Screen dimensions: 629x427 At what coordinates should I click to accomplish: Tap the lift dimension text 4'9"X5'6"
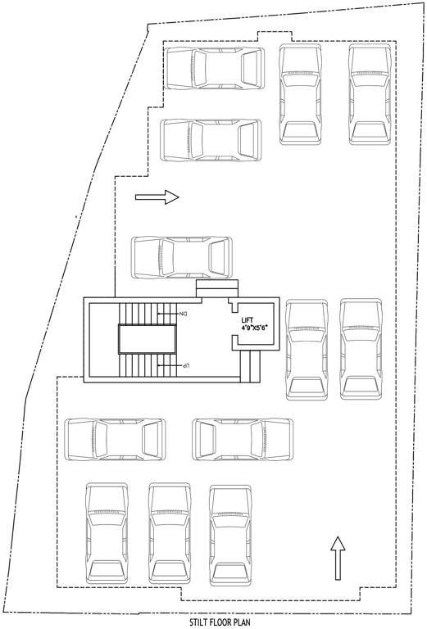click(256, 328)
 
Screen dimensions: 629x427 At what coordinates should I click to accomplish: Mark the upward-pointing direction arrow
click(337, 559)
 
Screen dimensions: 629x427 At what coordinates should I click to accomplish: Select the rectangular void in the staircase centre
click(148, 338)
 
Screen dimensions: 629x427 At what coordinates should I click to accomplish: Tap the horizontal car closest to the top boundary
click(216, 68)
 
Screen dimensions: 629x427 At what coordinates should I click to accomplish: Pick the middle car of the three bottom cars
click(168, 532)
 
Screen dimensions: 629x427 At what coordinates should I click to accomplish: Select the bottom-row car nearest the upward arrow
click(230, 532)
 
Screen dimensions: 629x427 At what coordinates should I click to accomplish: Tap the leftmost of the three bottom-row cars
click(107, 532)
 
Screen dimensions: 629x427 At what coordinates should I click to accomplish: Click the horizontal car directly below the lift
click(243, 439)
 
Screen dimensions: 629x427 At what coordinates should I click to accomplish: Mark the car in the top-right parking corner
click(369, 95)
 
